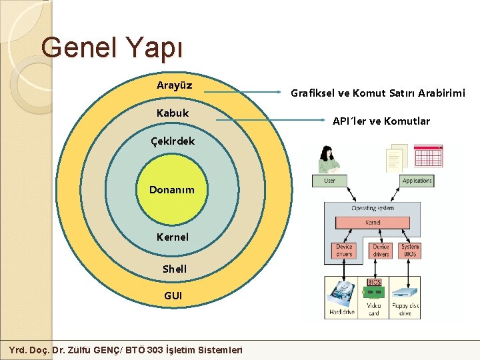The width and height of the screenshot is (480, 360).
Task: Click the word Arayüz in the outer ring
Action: coord(174,85)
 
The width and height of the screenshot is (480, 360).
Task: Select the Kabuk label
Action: coord(173,113)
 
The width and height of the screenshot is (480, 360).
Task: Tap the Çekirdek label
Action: coord(173,141)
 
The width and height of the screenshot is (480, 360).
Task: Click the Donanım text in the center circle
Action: coord(172,190)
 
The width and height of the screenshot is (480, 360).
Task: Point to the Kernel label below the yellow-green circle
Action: coord(173,237)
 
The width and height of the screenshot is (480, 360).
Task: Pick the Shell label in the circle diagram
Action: coord(175,269)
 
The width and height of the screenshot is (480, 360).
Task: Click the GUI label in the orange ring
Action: coord(173,295)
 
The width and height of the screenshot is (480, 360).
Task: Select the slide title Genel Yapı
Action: coord(111,47)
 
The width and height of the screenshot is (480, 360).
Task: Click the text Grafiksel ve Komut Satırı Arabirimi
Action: coord(378,93)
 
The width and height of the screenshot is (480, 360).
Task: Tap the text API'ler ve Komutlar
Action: coord(381,121)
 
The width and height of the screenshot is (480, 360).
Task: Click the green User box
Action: coord(329,181)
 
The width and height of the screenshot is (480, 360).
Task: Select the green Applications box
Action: coord(417,181)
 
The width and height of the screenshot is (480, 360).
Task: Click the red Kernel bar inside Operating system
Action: coord(373,222)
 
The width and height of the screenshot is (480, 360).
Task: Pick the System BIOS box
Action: coord(411,251)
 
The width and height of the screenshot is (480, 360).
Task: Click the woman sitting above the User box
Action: coord(328,160)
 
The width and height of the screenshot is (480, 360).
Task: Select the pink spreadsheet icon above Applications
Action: coord(430,157)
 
